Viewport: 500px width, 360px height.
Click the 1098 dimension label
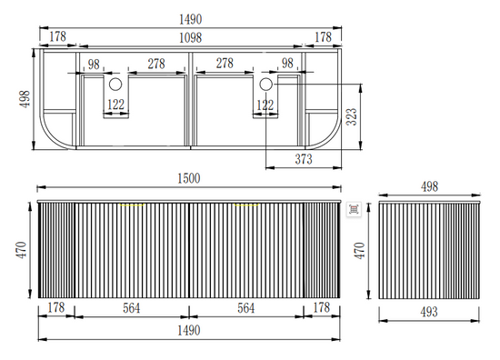(x=190, y=38)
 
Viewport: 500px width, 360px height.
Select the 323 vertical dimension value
(x=352, y=116)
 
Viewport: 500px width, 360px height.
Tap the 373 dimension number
(x=304, y=159)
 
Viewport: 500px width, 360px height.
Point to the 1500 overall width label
(x=189, y=178)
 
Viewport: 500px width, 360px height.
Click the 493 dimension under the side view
(x=429, y=312)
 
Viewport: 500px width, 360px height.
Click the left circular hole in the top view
(x=115, y=85)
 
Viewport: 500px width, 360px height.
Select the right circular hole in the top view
(x=265, y=85)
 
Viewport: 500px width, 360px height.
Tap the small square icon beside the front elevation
(x=354, y=209)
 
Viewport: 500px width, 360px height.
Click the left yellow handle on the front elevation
(x=133, y=205)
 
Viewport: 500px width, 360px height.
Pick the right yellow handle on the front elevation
(x=246, y=205)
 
